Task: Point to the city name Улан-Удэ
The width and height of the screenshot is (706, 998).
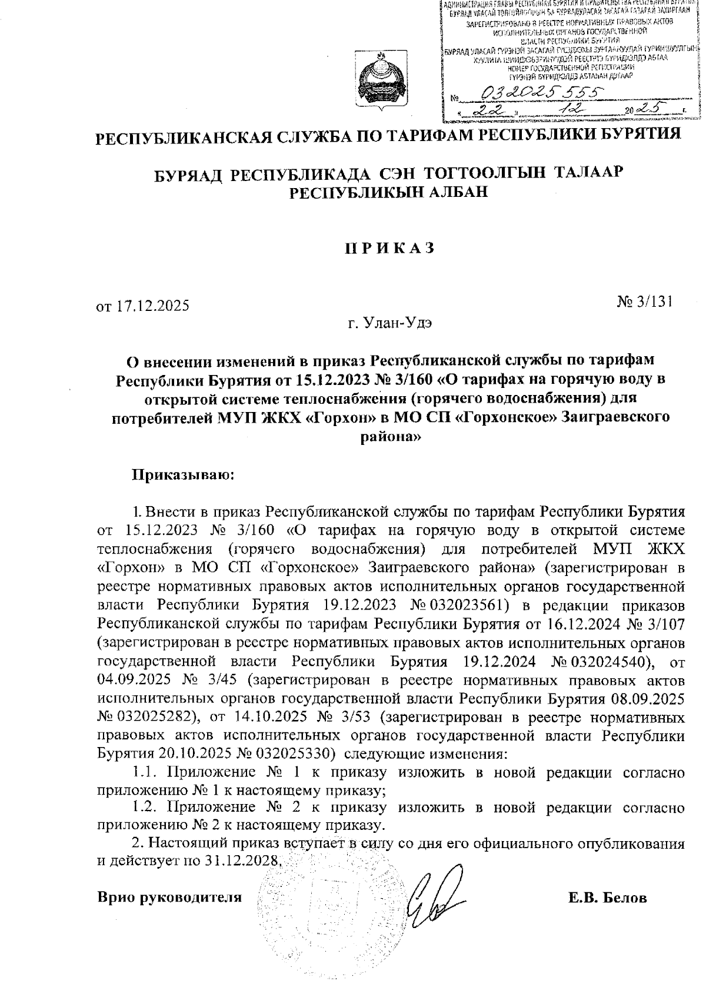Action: pos(398,323)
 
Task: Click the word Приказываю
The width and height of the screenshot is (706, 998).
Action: pos(182,474)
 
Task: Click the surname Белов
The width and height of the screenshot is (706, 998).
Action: pos(624,898)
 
